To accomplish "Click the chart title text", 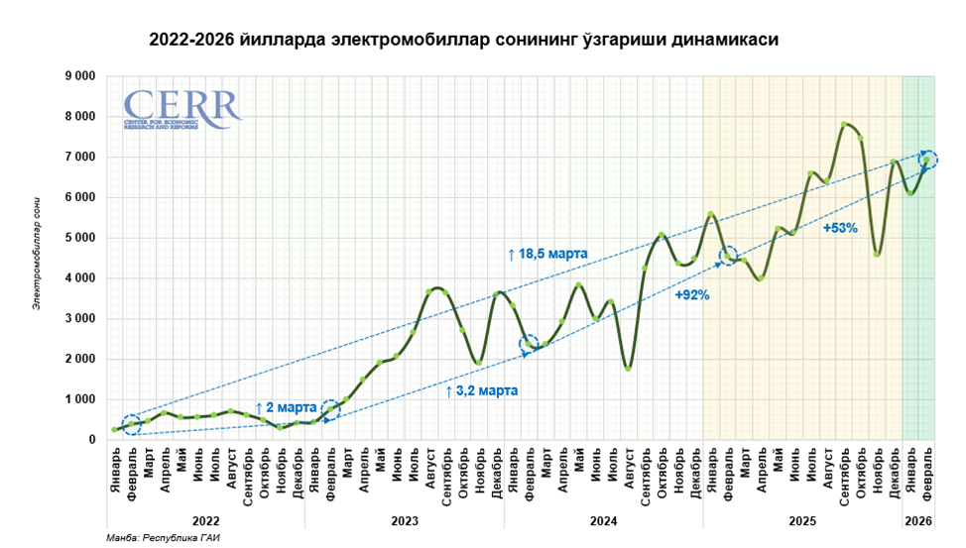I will coord(463,41).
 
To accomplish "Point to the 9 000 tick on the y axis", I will coord(79,76).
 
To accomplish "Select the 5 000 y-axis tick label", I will coord(79,238).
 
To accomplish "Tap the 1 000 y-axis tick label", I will coord(79,399).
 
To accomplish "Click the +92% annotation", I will coord(691,295).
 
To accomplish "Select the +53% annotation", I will coord(839,228).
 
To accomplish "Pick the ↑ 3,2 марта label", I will coord(481,391).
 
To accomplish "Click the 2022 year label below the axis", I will coord(206,519).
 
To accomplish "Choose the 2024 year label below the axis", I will coord(603,519).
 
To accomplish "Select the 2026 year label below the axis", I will coord(918,519).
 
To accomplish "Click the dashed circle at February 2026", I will coord(927,160).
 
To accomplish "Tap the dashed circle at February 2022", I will coord(132,424).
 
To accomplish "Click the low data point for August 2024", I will coord(629,368).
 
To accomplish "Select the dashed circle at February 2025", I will coord(729,257).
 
